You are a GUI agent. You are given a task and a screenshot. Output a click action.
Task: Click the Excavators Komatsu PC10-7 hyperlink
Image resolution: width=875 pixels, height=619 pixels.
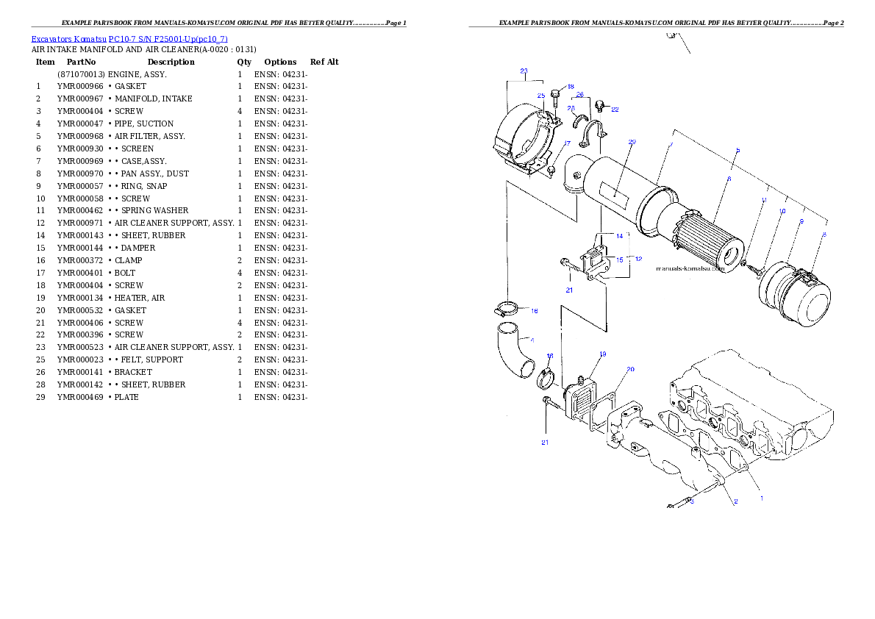pyautogui.click(x=129, y=39)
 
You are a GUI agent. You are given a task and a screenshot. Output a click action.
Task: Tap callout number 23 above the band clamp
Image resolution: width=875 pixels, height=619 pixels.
pyautogui.click(x=524, y=71)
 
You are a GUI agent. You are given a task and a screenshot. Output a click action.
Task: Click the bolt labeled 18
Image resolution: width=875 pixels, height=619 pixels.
pyautogui.click(x=556, y=93)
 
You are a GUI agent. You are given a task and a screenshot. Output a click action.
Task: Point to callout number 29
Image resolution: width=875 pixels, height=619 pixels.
pyautogui.click(x=632, y=142)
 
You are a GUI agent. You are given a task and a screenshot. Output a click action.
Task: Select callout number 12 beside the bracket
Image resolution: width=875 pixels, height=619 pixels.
pyautogui.click(x=638, y=259)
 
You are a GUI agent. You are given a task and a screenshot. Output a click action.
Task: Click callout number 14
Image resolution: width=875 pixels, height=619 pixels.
pyautogui.click(x=619, y=236)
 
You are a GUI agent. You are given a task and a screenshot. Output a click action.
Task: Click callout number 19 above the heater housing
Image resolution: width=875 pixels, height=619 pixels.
pyautogui.click(x=602, y=354)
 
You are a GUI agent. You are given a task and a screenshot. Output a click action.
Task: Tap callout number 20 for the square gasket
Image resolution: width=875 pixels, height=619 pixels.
pyautogui.click(x=630, y=368)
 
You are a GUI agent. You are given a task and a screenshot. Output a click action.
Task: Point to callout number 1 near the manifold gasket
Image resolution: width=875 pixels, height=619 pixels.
pyautogui.click(x=761, y=498)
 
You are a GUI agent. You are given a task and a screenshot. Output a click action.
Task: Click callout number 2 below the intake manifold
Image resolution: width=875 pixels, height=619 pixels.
pyautogui.click(x=735, y=501)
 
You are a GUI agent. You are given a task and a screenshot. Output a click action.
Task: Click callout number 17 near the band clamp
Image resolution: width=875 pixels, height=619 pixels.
pyautogui.click(x=567, y=143)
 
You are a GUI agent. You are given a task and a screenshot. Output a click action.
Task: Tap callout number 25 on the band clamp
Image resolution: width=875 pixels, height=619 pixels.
pyautogui.click(x=540, y=96)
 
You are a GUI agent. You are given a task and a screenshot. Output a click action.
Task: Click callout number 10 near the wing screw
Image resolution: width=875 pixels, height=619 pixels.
pyautogui.click(x=782, y=211)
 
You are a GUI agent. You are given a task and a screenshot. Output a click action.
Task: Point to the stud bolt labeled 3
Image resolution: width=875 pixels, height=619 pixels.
pyautogui.click(x=680, y=504)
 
